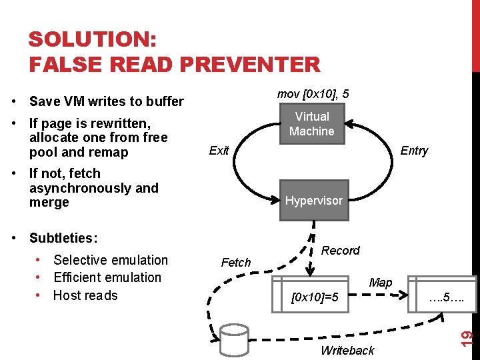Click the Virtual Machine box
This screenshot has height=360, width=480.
(312, 123)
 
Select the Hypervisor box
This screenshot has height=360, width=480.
(313, 200)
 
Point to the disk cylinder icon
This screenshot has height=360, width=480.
(234, 341)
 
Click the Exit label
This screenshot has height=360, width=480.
(219, 150)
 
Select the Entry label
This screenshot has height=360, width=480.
(414, 151)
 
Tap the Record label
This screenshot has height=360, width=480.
(340, 251)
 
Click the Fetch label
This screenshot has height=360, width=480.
(236, 263)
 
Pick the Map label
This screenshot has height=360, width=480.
(380, 283)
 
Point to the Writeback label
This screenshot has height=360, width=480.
(347, 351)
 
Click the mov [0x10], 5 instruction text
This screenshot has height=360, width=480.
(313, 94)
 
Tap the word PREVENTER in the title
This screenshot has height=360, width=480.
(247, 65)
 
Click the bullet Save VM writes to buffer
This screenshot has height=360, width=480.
(106, 101)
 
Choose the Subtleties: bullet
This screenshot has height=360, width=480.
(63, 238)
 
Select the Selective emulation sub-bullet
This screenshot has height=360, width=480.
(111, 260)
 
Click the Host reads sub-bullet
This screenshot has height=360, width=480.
(85, 295)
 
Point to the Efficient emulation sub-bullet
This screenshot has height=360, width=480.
(107, 277)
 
